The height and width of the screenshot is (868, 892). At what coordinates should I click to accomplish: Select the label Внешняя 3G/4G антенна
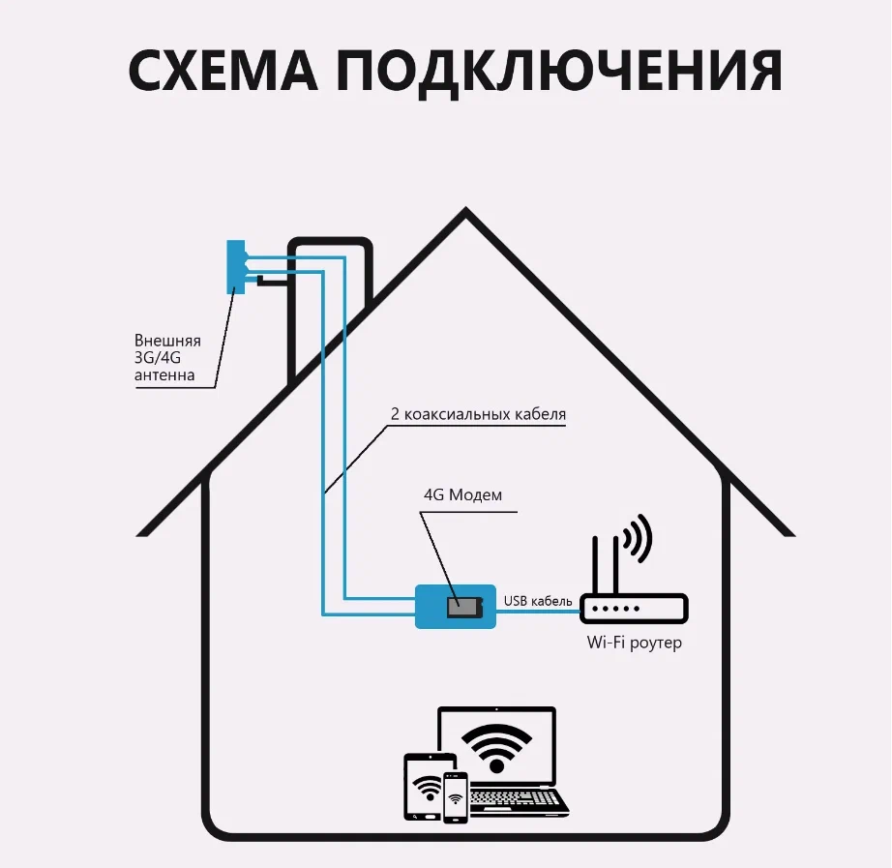[x=168, y=358]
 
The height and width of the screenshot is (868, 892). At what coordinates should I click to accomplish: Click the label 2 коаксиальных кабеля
[x=478, y=414]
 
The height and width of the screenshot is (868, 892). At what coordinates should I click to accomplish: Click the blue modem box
[x=456, y=607]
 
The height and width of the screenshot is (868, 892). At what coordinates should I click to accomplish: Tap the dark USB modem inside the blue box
[x=463, y=607]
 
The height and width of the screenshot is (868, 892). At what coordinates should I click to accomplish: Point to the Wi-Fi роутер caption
[x=634, y=643]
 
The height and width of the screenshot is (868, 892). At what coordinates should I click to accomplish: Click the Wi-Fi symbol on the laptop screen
[x=496, y=746]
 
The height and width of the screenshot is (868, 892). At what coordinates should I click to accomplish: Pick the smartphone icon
[x=456, y=797]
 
